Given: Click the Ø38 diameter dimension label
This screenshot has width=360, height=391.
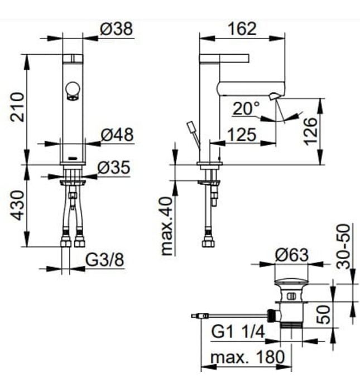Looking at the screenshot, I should [117, 28].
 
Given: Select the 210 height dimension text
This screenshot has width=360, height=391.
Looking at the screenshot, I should [17, 108].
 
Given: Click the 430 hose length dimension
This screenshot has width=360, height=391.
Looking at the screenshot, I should [17, 205].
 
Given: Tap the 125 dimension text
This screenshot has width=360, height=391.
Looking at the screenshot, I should [243, 134].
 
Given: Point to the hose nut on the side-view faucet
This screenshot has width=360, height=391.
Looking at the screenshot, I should [209, 242].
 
